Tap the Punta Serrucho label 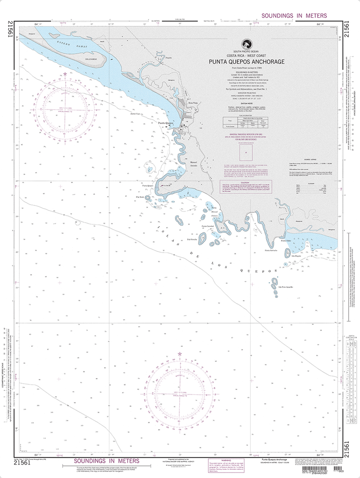[x=271, y=251]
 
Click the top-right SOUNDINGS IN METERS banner [x=294, y=15]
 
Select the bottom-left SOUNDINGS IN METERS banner [x=99, y=462]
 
